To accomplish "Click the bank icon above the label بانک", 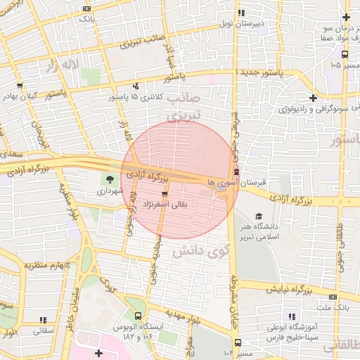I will pyautogui.click(x=86, y=8).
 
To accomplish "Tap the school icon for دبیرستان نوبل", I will pyautogui.click(x=241, y=13).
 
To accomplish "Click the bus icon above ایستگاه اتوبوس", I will pyautogui.click(x=139, y=316).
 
